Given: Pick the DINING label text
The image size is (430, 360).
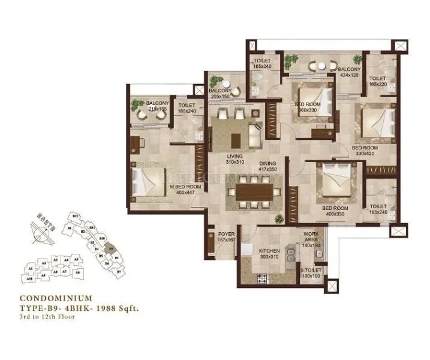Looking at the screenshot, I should pyautogui.click(x=267, y=163).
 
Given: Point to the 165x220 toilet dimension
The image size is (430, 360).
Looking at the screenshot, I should pyautogui.click(x=377, y=85).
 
